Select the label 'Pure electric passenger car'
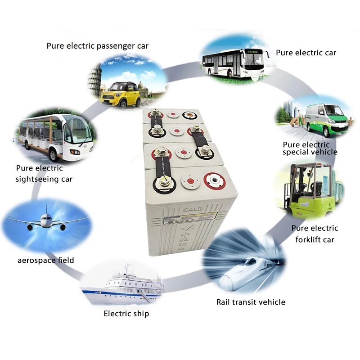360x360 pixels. [x=97, y=46]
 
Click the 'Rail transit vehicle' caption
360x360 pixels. [x=251, y=302]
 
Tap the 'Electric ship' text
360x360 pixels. [x=126, y=314]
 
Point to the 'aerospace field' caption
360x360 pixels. [x=46, y=260]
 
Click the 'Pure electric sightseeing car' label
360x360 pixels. [x=44, y=174]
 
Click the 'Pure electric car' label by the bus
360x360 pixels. [x=306, y=53]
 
